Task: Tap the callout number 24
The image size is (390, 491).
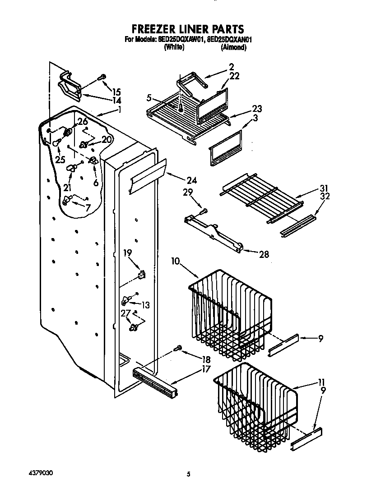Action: [192, 181]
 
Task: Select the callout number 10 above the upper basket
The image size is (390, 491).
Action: [176, 261]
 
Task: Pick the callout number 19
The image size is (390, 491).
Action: [127, 253]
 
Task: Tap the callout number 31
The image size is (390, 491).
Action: [324, 188]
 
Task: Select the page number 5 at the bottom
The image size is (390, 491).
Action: [189, 474]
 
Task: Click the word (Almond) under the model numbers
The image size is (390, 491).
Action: [233, 47]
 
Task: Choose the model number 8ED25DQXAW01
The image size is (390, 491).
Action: [179, 40]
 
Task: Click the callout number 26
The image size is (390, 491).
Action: [82, 121]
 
